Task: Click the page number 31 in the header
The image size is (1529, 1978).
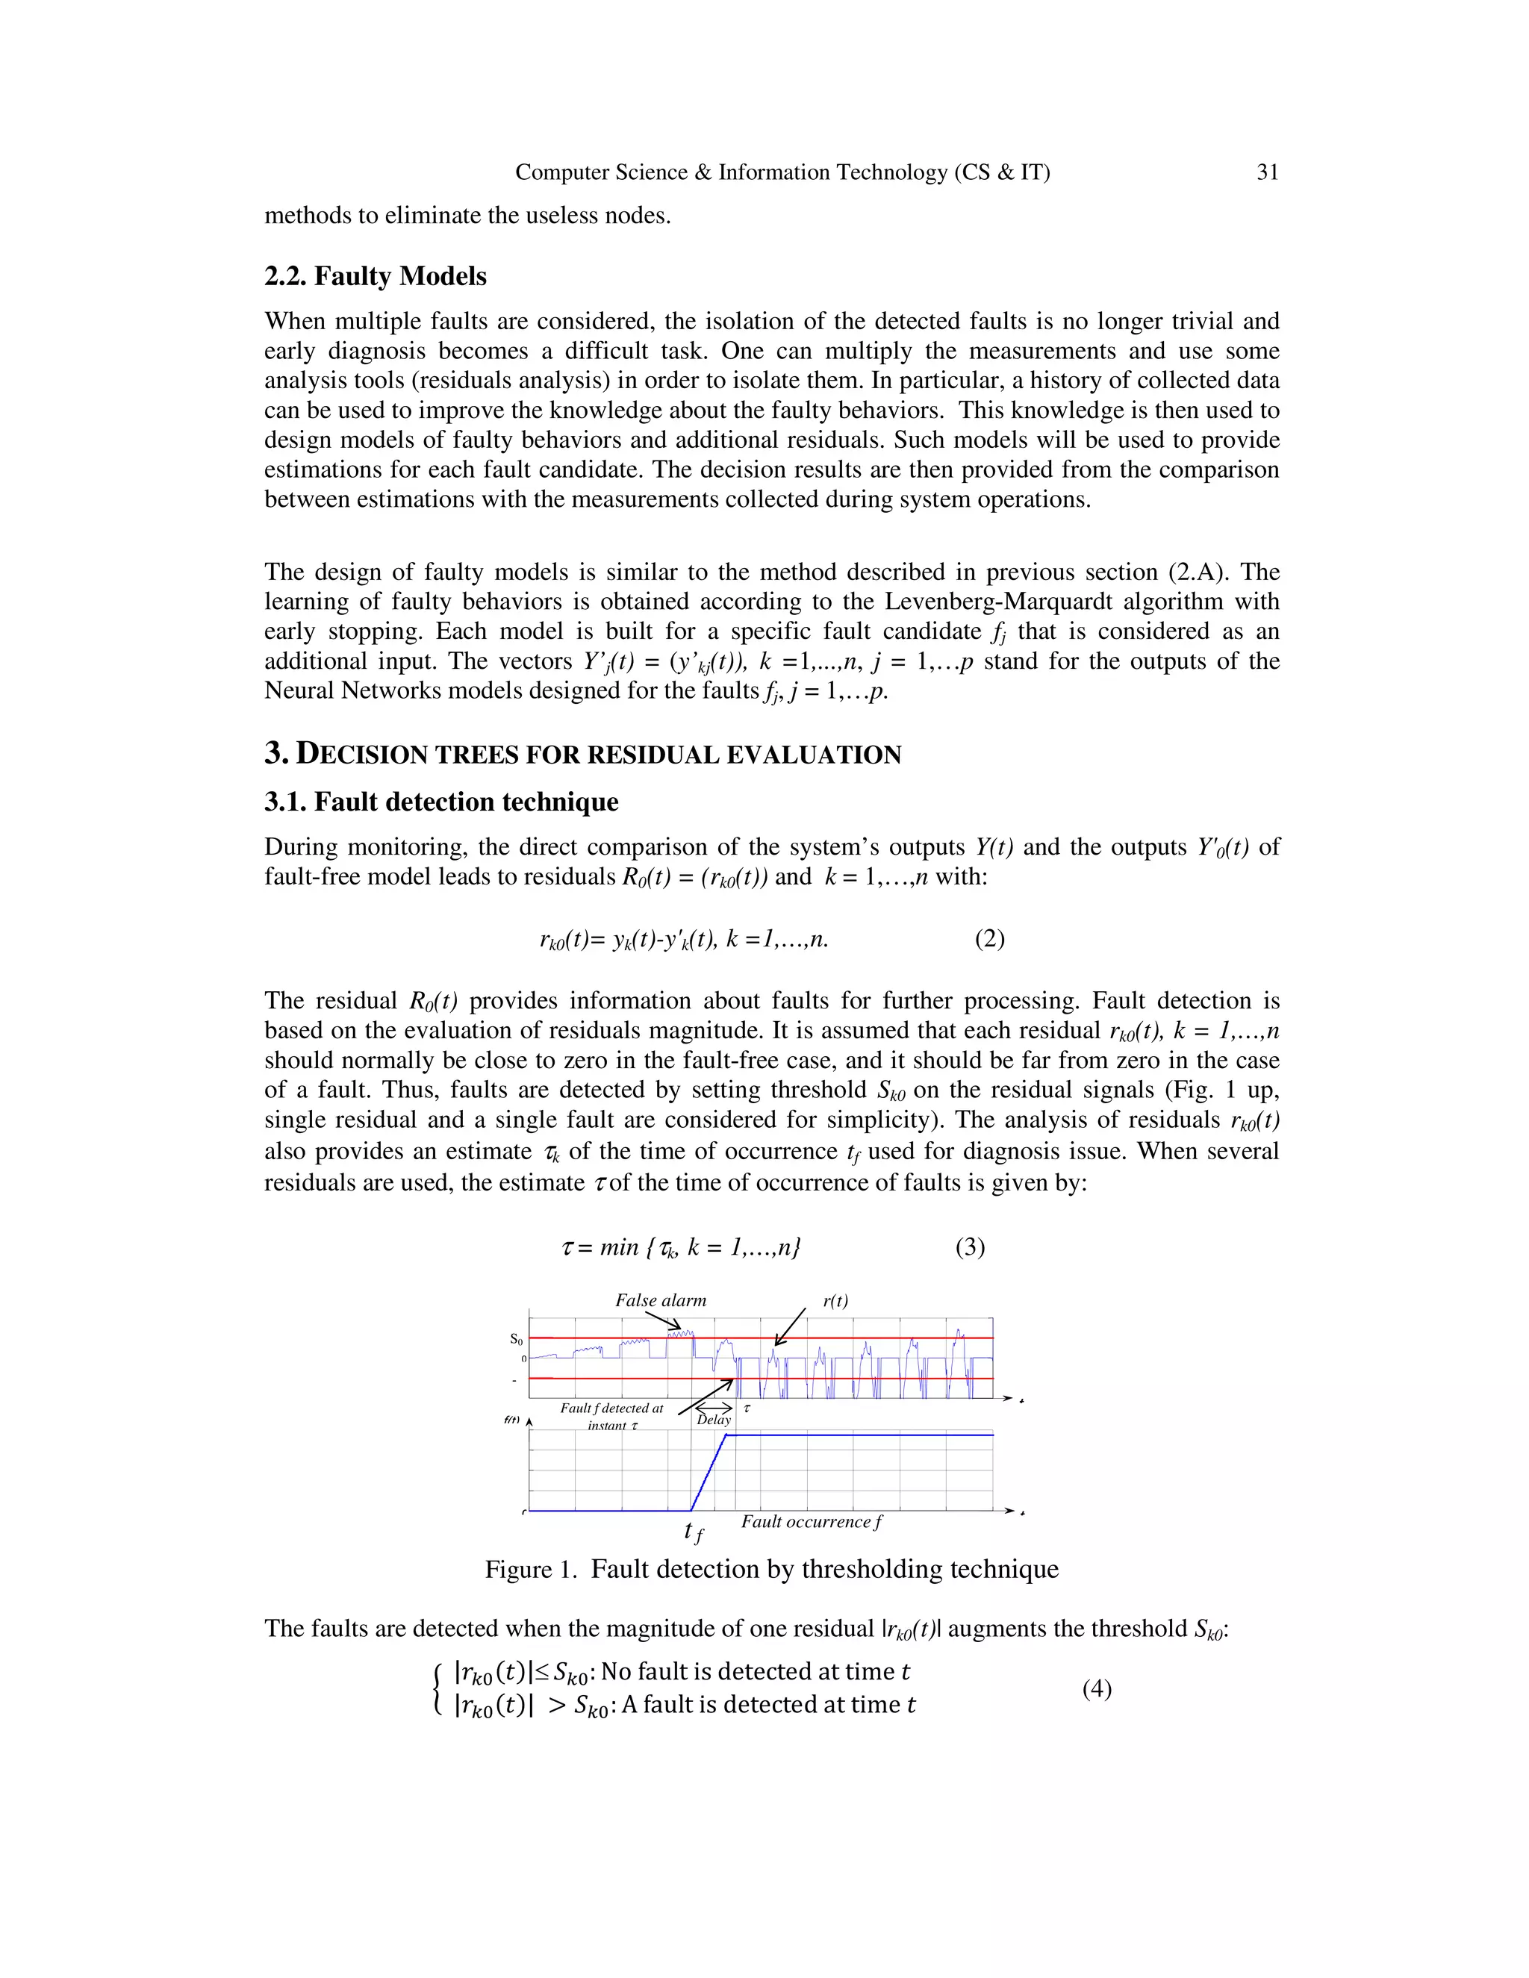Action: (x=1267, y=172)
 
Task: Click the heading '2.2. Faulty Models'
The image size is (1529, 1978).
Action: (x=375, y=276)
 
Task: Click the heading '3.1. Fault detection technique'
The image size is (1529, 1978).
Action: (x=441, y=802)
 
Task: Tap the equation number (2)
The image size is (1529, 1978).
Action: (x=989, y=938)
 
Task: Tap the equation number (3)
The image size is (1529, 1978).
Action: (x=969, y=1247)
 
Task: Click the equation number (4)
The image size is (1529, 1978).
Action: (x=1096, y=1688)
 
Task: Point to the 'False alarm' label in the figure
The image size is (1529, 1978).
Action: (x=660, y=1300)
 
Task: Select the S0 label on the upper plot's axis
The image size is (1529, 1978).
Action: (x=517, y=1338)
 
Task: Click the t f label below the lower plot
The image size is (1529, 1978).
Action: (x=693, y=1532)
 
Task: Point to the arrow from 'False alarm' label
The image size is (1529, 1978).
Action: (x=663, y=1320)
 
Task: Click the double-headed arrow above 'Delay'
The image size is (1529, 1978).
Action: (x=714, y=1408)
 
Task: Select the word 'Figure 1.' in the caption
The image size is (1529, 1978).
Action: (x=531, y=1570)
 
